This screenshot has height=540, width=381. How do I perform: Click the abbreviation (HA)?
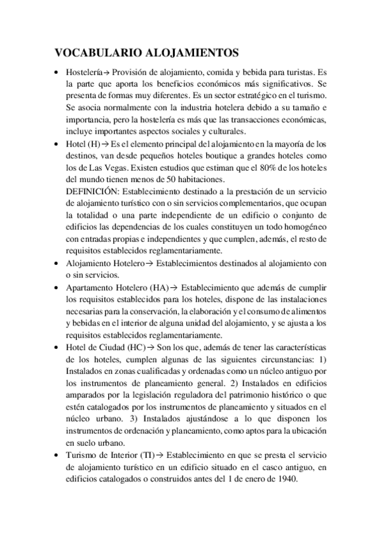162,287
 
